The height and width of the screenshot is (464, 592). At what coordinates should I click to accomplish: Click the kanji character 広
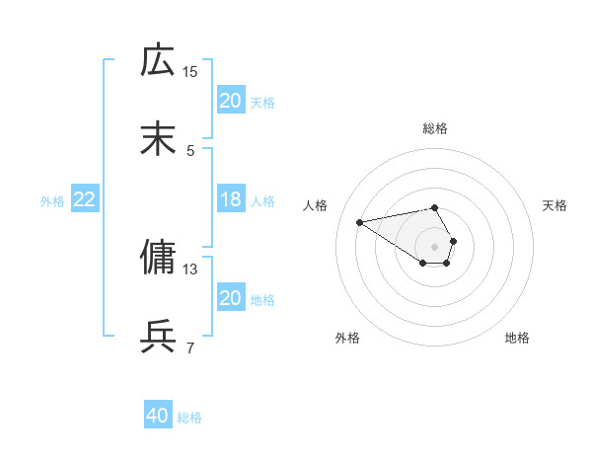[x=158, y=60]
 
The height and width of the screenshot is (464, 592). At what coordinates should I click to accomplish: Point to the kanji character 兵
[x=158, y=337]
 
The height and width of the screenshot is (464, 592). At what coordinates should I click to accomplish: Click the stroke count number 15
[x=190, y=71]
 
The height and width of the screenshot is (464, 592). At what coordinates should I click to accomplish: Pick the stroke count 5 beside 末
[x=190, y=150]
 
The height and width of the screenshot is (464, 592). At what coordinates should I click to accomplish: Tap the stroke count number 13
[x=190, y=269]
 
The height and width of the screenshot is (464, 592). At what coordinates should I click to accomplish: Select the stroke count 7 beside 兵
[x=190, y=348]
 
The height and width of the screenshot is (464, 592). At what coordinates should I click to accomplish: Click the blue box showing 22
[x=85, y=199]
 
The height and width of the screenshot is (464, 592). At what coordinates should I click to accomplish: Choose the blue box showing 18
[x=231, y=199]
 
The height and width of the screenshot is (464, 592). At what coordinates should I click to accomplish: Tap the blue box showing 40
[x=158, y=416]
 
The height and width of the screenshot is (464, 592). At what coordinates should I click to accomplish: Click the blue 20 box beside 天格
[x=231, y=101]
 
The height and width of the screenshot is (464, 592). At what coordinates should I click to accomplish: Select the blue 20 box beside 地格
[x=231, y=298]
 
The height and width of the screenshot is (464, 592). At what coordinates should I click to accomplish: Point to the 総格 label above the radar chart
[x=435, y=128]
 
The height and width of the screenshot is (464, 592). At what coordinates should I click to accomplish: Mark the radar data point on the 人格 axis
[x=360, y=221]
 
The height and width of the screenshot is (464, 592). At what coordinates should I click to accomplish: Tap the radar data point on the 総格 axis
[x=435, y=207]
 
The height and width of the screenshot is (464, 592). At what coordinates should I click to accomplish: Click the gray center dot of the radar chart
[x=435, y=246]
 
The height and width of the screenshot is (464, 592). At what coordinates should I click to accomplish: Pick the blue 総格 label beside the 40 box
[x=189, y=418]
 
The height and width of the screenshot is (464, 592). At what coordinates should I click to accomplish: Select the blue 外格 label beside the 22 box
[x=52, y=200]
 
